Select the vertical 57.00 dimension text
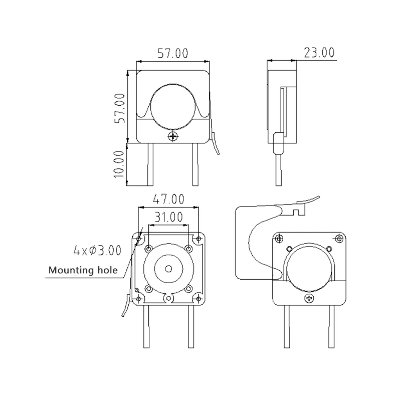coord(119,107)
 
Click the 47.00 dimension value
coord(168,199)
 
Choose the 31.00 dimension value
coord(168,217)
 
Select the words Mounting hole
coord(83,271)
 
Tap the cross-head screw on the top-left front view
coord(173,136)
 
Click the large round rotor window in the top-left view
coord(172,107)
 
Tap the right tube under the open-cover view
coord(330,326)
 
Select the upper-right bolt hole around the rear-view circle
coord(188,249)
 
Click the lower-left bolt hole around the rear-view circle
coord(149,288)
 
